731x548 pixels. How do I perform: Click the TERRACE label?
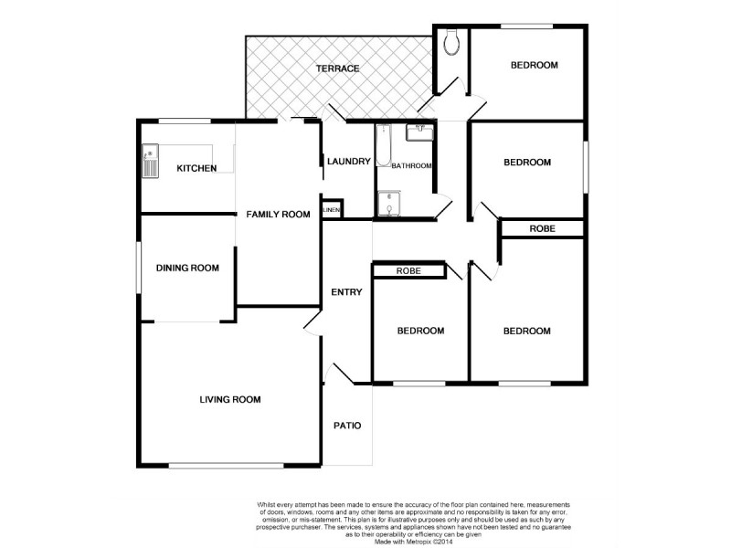click(337, 69)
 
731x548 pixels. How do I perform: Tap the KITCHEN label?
click(196, 168)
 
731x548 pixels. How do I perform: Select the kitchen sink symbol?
click(150, 163)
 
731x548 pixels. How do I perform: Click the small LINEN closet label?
click(332, 211)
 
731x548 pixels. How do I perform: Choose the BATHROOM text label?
click(411, 166)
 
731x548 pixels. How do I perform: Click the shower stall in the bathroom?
click(390, 205)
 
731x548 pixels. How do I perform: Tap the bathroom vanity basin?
click(420, 132)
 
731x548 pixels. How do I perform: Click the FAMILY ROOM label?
click(279, 215)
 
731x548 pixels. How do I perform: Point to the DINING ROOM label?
click(187, 268)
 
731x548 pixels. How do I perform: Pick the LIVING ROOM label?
click(231, 399)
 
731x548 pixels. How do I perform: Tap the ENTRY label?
click(347, 292)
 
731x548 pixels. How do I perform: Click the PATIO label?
click(347, 426)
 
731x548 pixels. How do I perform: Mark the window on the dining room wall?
click(139, 268)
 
